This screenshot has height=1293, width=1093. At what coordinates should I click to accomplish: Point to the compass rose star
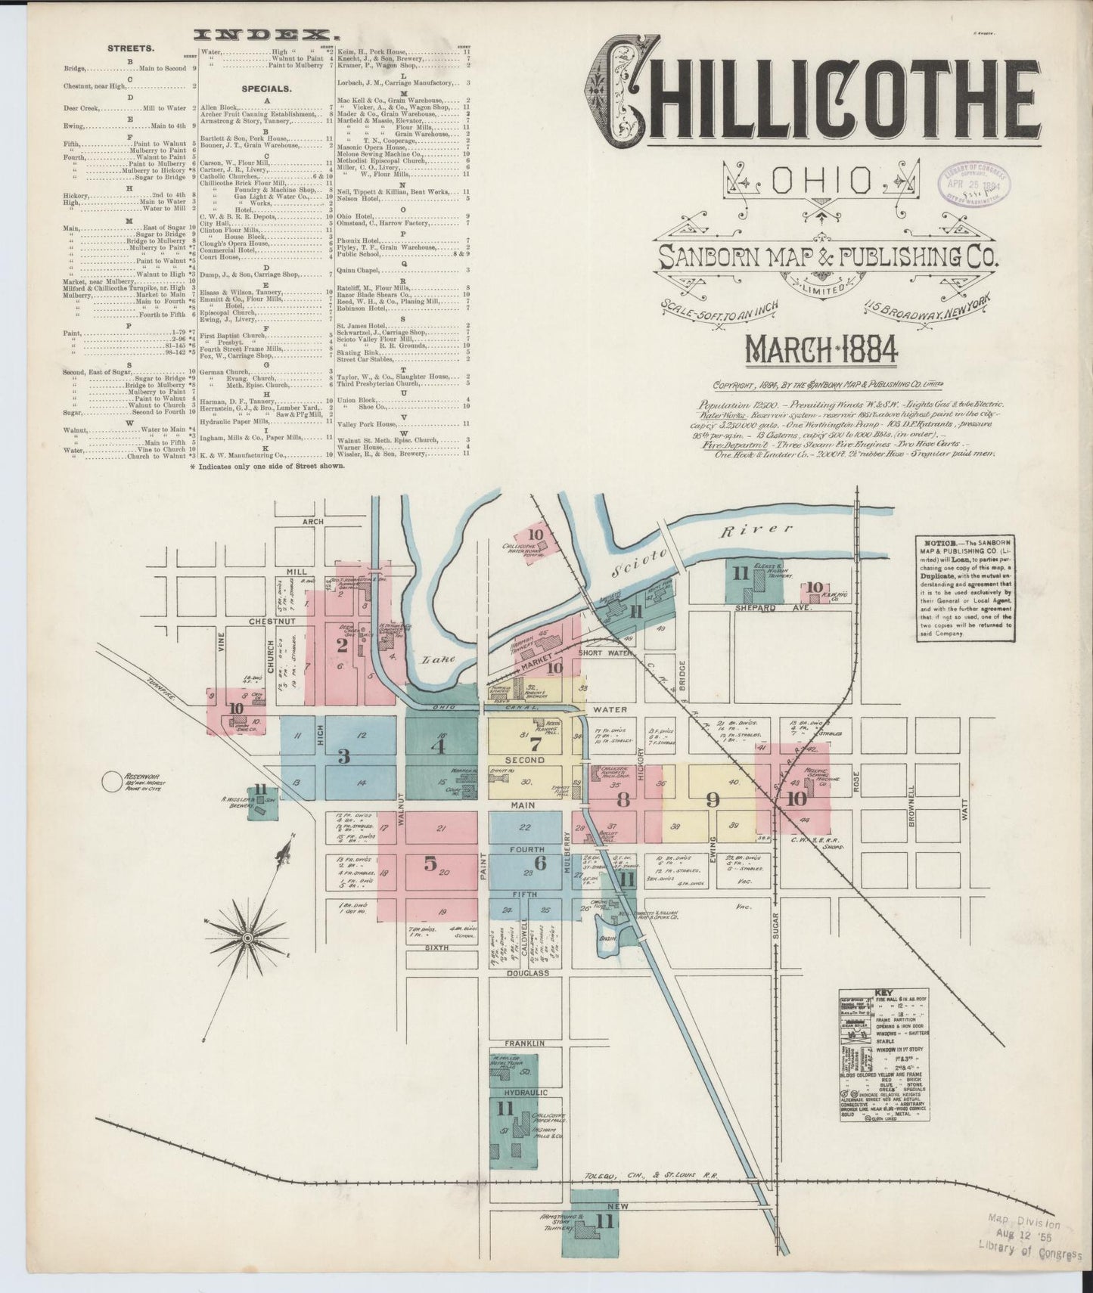coord(247,937)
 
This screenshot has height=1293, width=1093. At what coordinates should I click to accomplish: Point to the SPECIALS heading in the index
coord(268,88)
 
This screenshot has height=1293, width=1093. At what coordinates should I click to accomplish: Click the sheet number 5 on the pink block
coord(431,862)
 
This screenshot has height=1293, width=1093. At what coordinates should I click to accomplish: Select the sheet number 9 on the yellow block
coord(712,800)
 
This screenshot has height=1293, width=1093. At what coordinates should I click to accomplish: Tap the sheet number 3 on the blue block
coord(343,755)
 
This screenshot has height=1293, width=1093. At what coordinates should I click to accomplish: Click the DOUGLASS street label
coord(527,973)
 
